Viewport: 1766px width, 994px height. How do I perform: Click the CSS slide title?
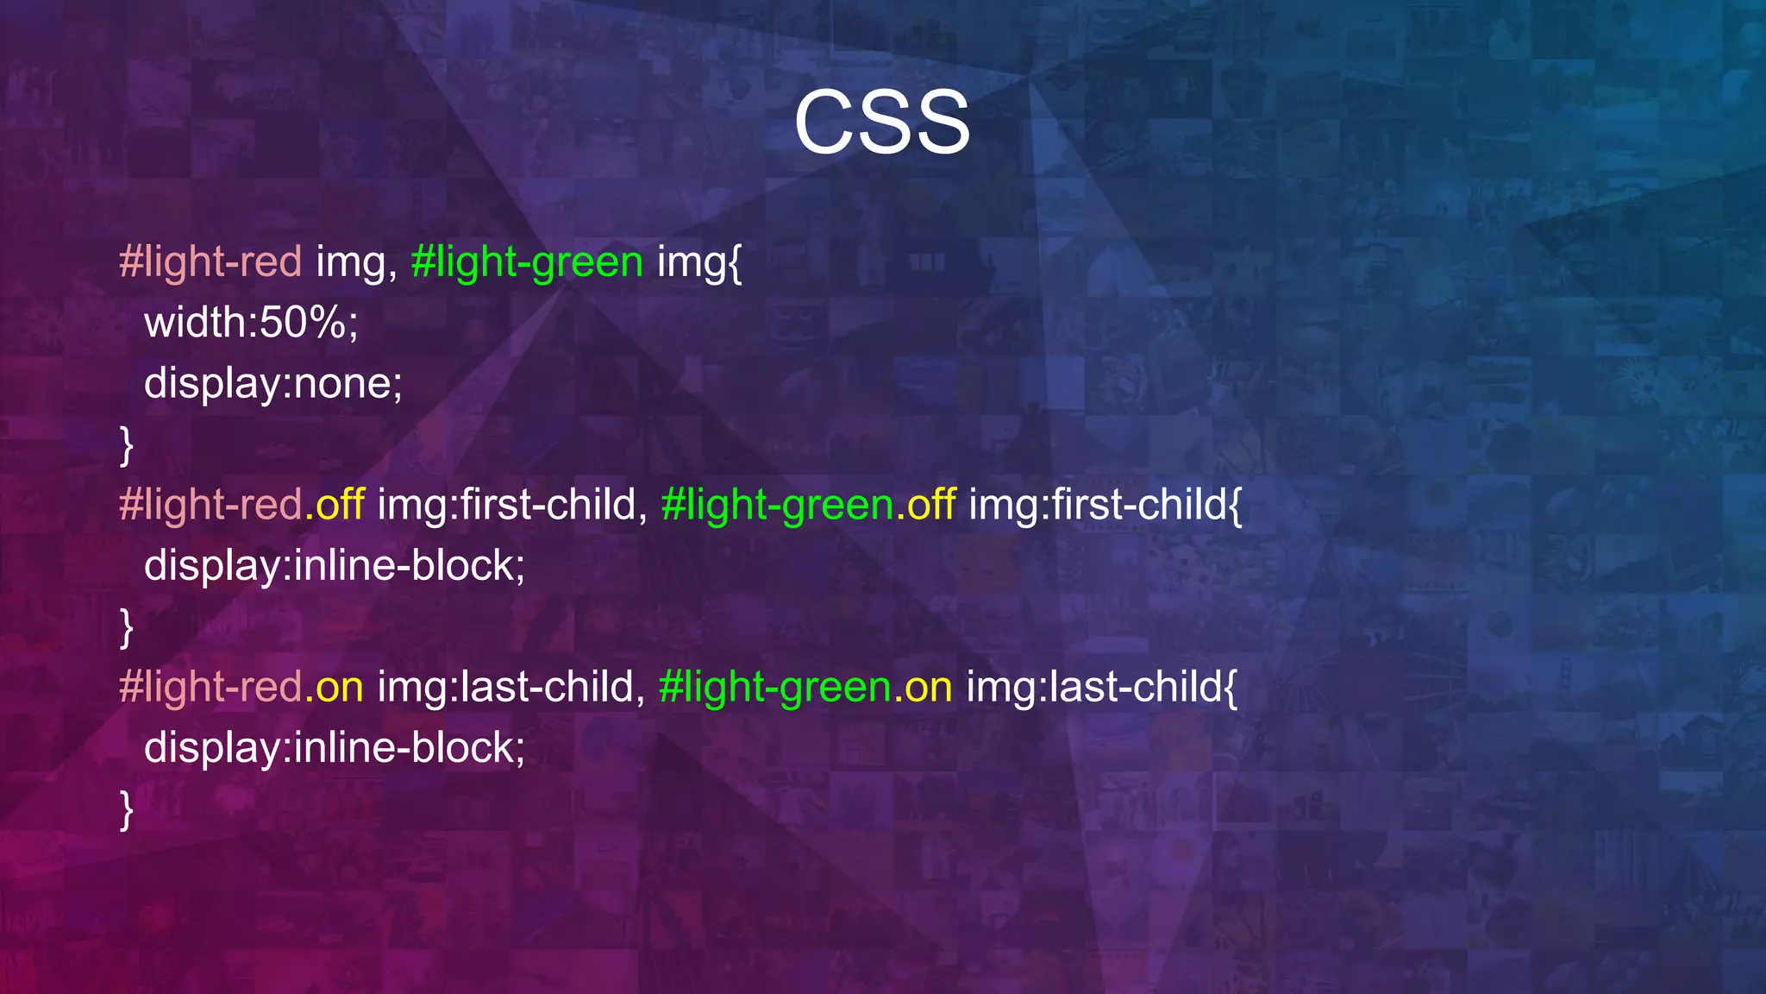click(881, 123)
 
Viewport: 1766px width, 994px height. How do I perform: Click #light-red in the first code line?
click(210, 261)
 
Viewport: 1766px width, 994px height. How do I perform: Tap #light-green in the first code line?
click(527, 261)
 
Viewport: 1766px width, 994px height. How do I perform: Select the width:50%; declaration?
click(251, 323)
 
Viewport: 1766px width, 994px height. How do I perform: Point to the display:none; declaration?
click(272, 383)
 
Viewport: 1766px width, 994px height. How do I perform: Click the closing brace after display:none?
click(127, 445)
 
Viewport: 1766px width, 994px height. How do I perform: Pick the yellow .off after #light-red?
click(335, 505)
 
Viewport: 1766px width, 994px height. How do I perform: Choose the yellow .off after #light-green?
click(925, 505)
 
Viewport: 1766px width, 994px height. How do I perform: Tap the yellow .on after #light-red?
click(334, 687)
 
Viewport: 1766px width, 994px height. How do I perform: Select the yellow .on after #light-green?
click(923, 687)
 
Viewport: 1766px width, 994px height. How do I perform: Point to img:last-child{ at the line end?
click(1101, 687)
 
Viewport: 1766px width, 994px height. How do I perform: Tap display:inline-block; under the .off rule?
click(334, 566)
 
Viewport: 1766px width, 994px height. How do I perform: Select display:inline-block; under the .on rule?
click(334, 747)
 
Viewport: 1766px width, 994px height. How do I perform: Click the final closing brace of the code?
click(127, 809)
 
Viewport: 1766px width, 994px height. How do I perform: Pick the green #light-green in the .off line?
click(777, 505)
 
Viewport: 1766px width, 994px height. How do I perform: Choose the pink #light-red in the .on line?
click(210, 687)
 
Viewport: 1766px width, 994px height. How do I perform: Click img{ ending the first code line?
click(698, 261)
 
